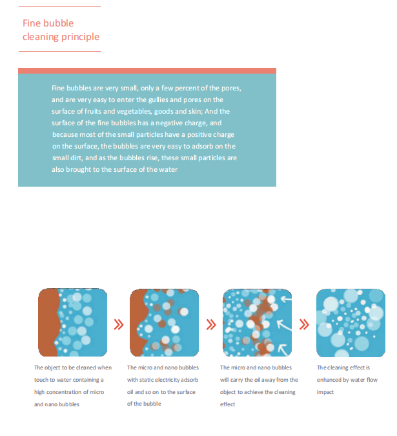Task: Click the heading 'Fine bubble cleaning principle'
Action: click(x=61, y=30)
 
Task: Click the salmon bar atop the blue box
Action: click(x=147, y=70)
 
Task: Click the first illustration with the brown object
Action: click(x=72, y=322)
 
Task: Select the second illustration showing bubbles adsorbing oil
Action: click(x=164, y=322)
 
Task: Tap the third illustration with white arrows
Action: click(x=257, y=322)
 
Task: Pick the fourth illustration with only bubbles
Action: click(x=350, y=322)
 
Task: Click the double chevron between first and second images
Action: click(x=118, y=324)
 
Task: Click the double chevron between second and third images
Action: click(x=210, y=324)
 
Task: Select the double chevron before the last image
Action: click(x=304, y=324)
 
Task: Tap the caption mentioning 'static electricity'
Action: click(x=163, y=386)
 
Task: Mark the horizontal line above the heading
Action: click(x=60, y=6)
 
